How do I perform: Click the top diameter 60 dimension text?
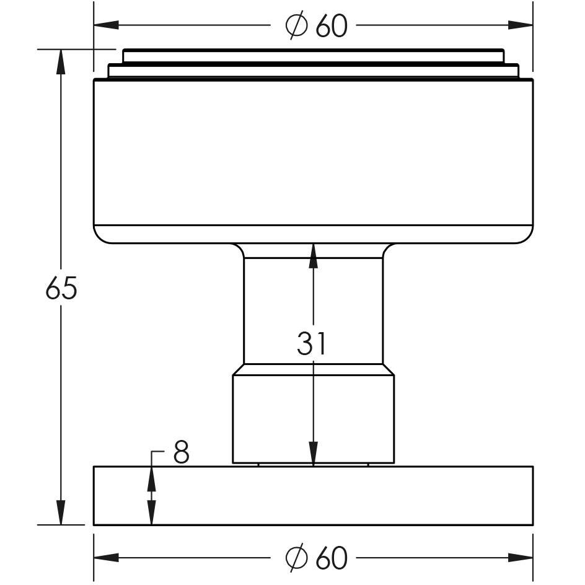(x=316, y=25)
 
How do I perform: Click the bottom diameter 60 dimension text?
(x=316, y=558)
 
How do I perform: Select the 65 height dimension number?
(x=61, y=289)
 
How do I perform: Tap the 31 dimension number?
(x=311, y=344)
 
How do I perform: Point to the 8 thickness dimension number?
(x=181, y=453)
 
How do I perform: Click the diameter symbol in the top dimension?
(x=296, y=25)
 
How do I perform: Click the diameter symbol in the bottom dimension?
(x=296, y=558)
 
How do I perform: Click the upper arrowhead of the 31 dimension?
(x=314, y=255)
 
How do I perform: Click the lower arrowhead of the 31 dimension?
(x=314, y=452)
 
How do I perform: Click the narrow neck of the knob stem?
(x=279, y=310)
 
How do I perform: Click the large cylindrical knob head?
(x=313, y=155)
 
